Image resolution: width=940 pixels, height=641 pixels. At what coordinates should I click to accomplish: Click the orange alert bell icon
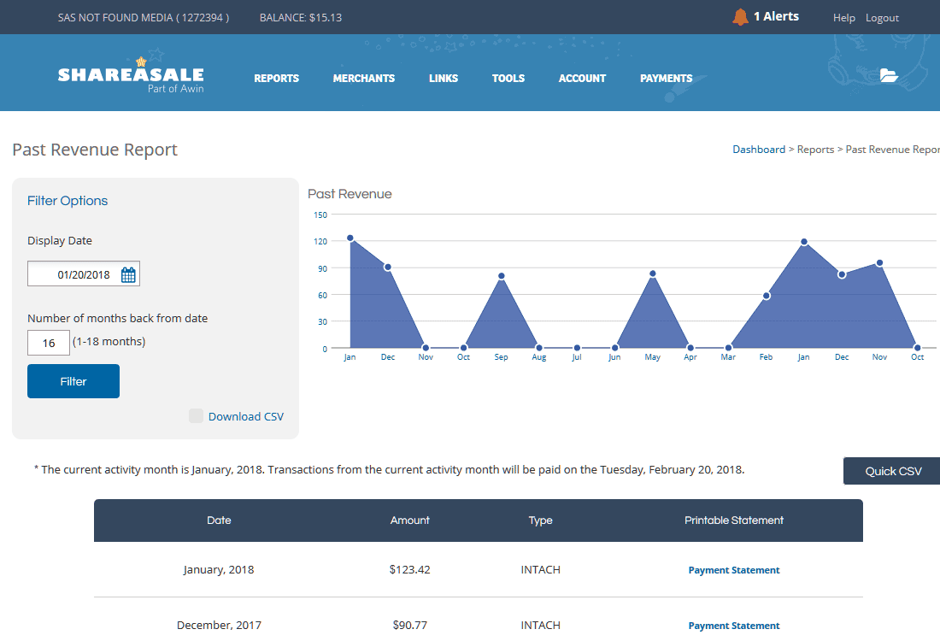740,17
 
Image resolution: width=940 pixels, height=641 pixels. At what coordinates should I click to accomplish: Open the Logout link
882,18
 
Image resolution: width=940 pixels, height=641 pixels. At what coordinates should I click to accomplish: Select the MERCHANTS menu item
364,79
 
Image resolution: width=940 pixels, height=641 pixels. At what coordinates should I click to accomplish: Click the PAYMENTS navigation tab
666,79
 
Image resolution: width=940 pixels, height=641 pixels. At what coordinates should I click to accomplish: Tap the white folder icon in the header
889,75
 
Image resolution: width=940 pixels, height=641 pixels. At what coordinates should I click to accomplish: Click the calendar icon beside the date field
128,274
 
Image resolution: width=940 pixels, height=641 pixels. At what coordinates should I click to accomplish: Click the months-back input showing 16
49,343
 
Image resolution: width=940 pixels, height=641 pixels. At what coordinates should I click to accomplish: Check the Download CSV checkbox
196,416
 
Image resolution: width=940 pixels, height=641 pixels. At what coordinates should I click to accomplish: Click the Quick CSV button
892,471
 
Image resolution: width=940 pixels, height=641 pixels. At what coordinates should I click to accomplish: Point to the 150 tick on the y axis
320,215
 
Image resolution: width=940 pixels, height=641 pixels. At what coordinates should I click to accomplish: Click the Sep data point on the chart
501,276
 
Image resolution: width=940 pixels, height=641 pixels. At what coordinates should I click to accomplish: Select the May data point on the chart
652,274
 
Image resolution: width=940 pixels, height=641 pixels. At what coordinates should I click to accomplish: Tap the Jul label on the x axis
577,357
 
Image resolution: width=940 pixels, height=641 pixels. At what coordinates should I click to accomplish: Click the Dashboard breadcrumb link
758,150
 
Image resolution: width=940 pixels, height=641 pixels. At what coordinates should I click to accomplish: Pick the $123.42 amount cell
410,570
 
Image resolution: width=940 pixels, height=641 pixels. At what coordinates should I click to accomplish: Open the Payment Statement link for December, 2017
734,626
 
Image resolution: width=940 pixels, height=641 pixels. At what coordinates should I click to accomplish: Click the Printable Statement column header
734,520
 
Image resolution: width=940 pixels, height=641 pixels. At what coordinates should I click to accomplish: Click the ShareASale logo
131,75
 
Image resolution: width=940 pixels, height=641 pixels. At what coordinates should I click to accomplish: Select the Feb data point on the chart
767,296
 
